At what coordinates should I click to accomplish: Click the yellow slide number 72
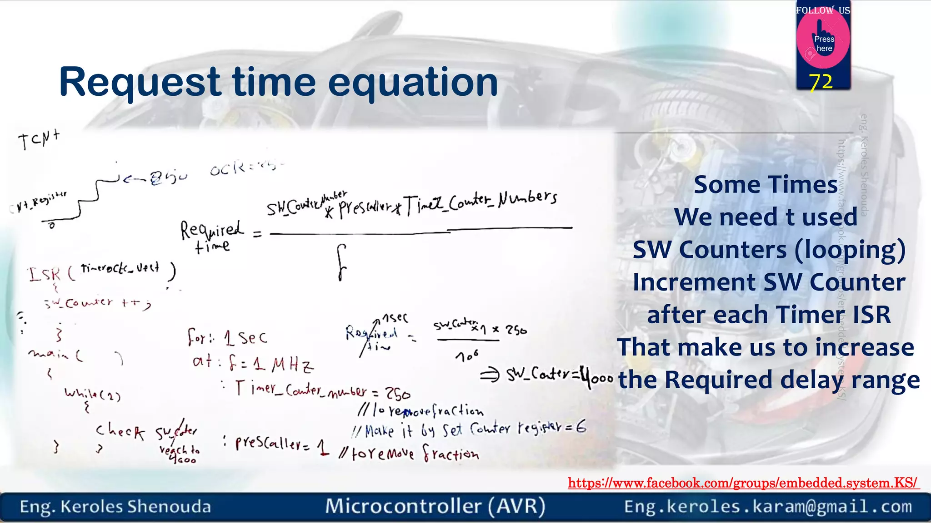pos(821,82)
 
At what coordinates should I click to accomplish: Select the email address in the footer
pos(768,507)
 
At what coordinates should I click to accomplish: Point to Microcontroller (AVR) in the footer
pos(435,507)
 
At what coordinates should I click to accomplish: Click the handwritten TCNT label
pos(39,139)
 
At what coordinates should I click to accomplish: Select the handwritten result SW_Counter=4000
pos(560,375)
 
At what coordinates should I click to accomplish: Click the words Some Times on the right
pos(766,185)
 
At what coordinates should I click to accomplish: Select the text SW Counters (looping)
pos(769,250)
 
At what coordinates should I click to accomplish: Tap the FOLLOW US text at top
pos(823,10)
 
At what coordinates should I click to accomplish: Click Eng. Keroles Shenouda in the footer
pos(115,507)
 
